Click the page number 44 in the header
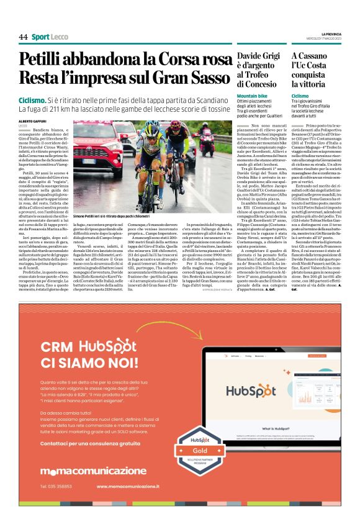point(23,37)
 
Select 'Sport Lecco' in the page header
point(50,37)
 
